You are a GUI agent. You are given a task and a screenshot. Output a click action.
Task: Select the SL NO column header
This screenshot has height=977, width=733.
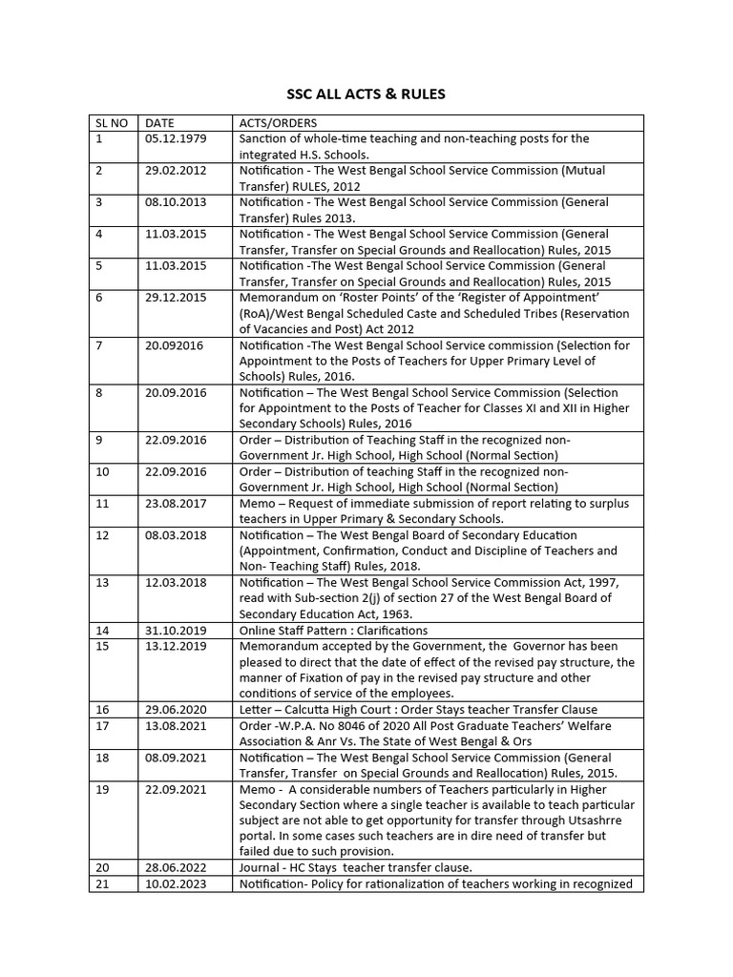[113, 123]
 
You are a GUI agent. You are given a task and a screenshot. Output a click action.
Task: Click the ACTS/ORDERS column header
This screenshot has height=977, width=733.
[280, 123]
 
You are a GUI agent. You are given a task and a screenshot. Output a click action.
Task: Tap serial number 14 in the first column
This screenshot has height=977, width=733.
[103, 630]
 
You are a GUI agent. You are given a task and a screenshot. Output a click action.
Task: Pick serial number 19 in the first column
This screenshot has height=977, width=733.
[103, 789]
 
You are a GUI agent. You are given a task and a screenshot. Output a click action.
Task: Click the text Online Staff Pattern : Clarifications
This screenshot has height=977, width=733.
[333, 630]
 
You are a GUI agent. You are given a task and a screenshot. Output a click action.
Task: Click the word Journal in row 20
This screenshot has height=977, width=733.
[261, 867]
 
